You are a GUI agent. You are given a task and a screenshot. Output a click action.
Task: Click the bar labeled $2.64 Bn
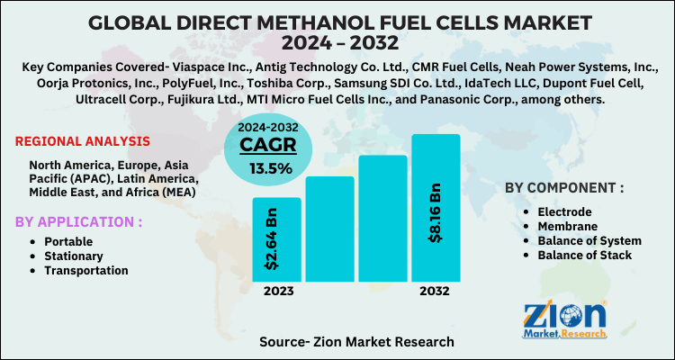(x=276, y=238)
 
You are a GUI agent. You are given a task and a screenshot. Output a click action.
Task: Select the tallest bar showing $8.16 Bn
(x=436, y=207)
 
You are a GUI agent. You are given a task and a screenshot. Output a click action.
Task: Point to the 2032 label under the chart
(x=436, y=292)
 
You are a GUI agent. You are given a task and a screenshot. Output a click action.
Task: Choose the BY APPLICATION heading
(x=78, y=221)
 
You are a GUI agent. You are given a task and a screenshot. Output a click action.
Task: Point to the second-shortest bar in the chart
(x=329, y=229)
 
